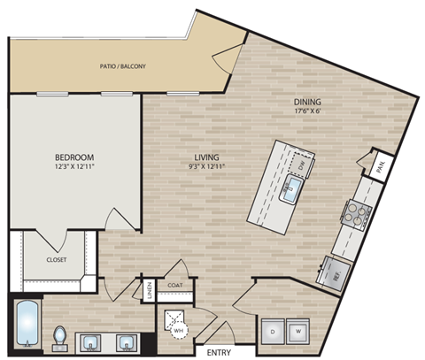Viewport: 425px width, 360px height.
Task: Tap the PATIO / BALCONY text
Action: [x=123, y=66]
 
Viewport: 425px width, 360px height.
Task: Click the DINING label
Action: [x=308, y=102]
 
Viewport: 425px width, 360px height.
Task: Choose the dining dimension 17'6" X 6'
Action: [x=308, y=112]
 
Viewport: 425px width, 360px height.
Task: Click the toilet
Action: [x=60, y=338]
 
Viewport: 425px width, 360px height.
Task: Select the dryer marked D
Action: [x=271, y=332]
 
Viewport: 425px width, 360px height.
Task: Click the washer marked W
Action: [x=297, y=332]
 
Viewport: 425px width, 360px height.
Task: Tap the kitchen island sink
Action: [x=293, y=187]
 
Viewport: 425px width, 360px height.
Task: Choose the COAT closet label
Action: [x=175, y=286]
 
